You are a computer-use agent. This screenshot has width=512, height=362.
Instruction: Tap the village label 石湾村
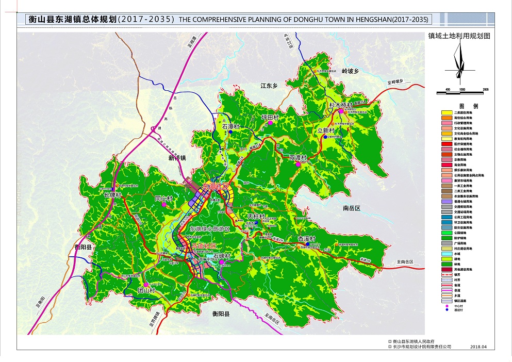[x=232, y=126]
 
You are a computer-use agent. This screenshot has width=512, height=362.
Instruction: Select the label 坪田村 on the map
[x=270, y=117]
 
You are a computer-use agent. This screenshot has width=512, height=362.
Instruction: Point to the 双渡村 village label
[x=298, y=157]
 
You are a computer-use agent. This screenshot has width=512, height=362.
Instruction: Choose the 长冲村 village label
[x=112, y=195]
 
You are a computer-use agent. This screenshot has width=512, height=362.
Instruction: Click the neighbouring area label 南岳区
[x=353, y=208]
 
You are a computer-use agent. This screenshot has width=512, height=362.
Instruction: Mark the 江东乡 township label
[x=269, y=86]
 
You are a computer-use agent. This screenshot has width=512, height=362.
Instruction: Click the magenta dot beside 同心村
[x=164, y=205]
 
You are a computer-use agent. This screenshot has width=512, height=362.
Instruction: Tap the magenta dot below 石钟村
[x=222, y=262]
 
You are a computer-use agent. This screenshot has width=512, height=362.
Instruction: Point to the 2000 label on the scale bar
[x=485, y=89]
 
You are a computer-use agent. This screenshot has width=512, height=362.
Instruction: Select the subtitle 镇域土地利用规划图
[x=458, y=37]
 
